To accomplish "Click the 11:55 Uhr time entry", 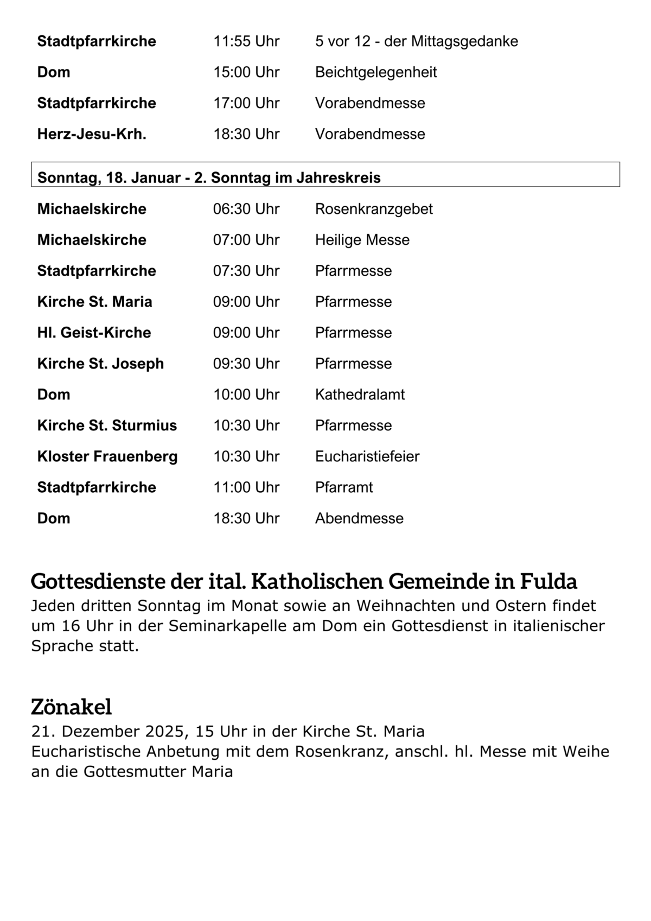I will tap(246, 41).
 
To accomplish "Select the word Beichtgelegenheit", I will tap(376, 72).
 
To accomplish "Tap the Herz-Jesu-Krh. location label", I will tap(92, 134).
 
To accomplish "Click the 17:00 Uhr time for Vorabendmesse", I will tap(246, 103).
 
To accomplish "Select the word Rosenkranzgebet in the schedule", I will tap(374, 209).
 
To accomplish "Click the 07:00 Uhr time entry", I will tap(246, 240).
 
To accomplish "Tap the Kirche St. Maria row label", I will tap(94, 302).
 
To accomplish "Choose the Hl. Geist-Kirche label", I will tap(94, 333).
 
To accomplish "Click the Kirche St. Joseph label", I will tap(100, 364).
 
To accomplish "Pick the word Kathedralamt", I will tap(360, 395).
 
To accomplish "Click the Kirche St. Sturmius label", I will tap(107, 425).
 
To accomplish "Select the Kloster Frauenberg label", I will tap(107, 456).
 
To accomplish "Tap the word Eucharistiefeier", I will tap(367, 456).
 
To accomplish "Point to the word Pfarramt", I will tap(344, 487).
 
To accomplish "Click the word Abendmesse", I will tap(359, 518).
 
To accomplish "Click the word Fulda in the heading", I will tap(548, 581).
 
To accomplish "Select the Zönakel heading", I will tap(71, 707).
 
